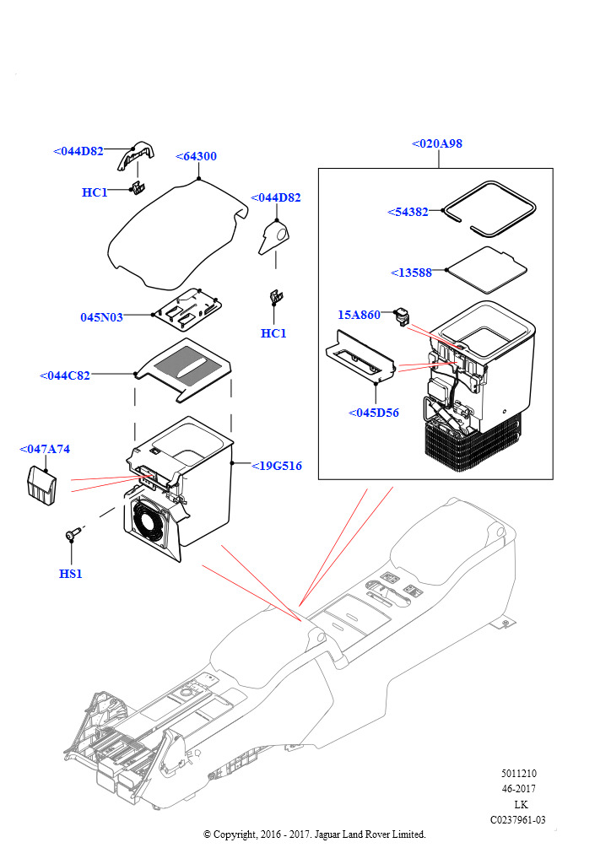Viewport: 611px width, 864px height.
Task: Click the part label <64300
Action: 196,156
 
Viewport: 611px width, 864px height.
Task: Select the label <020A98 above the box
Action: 437,143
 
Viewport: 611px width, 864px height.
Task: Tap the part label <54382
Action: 408,212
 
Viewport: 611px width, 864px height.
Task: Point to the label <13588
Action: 412,273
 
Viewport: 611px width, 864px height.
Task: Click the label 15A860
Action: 360,315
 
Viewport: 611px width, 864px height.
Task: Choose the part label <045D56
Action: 374,413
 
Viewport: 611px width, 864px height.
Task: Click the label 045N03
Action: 102,317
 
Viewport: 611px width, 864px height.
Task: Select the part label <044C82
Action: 65,375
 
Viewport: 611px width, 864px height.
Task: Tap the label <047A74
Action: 45,450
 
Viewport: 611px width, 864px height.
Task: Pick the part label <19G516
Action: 277,466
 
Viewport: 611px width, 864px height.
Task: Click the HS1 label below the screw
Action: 71,574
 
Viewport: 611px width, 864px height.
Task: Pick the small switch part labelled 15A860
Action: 402,317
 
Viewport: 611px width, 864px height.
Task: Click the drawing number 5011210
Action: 518,774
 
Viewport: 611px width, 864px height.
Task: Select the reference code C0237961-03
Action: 518,819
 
